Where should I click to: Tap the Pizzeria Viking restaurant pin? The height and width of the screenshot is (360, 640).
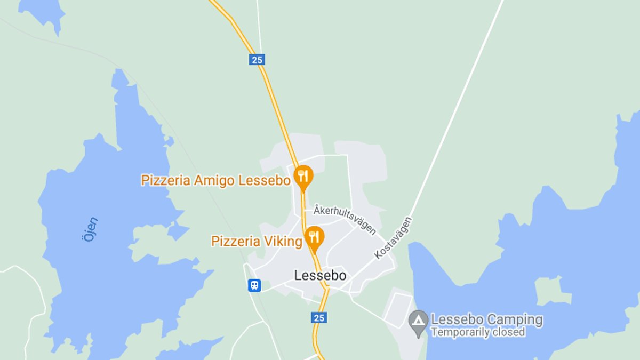[x=315, y=237]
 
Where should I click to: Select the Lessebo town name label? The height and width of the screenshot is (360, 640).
[x=320, y=276]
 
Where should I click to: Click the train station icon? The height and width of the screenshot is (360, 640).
[x=254, y=285]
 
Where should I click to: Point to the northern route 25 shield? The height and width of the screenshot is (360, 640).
[x=257, y=59]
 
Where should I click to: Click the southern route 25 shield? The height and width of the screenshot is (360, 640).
[x=318, y=317]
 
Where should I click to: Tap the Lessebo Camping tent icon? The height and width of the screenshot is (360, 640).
[x=419, y=321]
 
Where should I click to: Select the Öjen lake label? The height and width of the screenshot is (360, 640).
[x=91, y=229]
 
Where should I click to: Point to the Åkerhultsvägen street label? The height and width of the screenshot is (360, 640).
[x=345, y=219]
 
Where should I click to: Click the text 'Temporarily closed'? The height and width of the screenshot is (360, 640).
[x=478, y=332]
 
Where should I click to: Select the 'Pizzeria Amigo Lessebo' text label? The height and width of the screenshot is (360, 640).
[x=216, y=180]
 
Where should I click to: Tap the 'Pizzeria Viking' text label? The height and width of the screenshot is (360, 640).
[x=257, y=242]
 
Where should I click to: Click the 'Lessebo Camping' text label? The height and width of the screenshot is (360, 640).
[x=486, y=320]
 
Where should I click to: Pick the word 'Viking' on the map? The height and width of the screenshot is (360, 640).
[x=285, y=242]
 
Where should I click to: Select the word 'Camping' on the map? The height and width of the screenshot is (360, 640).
[x=515, y=320]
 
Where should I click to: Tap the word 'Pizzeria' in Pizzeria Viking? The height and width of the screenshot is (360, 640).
[x=234, y=242]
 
